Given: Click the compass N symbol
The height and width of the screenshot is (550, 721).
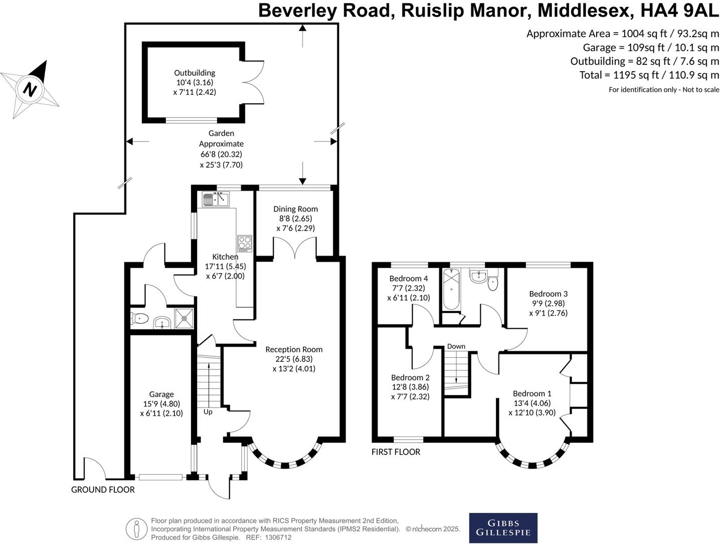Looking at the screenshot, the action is pyautogui.click(x=30, y=89).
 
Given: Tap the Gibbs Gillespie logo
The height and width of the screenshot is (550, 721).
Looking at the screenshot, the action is pyautogui.click(x=503, y=528).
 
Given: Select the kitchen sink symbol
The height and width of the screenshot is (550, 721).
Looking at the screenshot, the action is pyautogui.click(x=216, y=200).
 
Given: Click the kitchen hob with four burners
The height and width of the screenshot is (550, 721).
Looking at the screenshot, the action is pyautogui.click(x=245, y=243).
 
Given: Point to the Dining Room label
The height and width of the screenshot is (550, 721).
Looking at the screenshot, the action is pyautogui.click(x=295, y=209).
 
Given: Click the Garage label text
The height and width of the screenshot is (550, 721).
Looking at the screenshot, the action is pyautogui.click(x=161, y=394).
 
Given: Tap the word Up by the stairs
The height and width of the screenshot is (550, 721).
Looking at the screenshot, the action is pyautogui.click(x=208, y=412).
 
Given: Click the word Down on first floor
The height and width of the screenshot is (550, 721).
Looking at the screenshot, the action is pyautogui.click(x=456, y=346).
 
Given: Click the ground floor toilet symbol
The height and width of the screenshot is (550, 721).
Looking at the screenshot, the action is pyautogui.click(x=139, y=318).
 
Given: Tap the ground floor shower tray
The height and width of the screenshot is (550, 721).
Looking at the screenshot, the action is pyautogui.click(x=184, y=318).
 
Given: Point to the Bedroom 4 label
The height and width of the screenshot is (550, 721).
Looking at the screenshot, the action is pyautogui.click(x=409, y=279).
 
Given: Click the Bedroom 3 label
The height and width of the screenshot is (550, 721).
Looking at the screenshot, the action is pyautogui.click(x=548, y=294).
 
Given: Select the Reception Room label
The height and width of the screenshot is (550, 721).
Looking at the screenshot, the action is pyautogui.click(x=294, y=349).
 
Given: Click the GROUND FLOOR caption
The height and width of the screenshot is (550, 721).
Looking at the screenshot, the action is pyautogui.click(x=103, y=490).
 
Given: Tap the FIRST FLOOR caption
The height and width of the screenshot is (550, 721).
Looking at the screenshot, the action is pyautogui.click(x=396, y=452).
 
